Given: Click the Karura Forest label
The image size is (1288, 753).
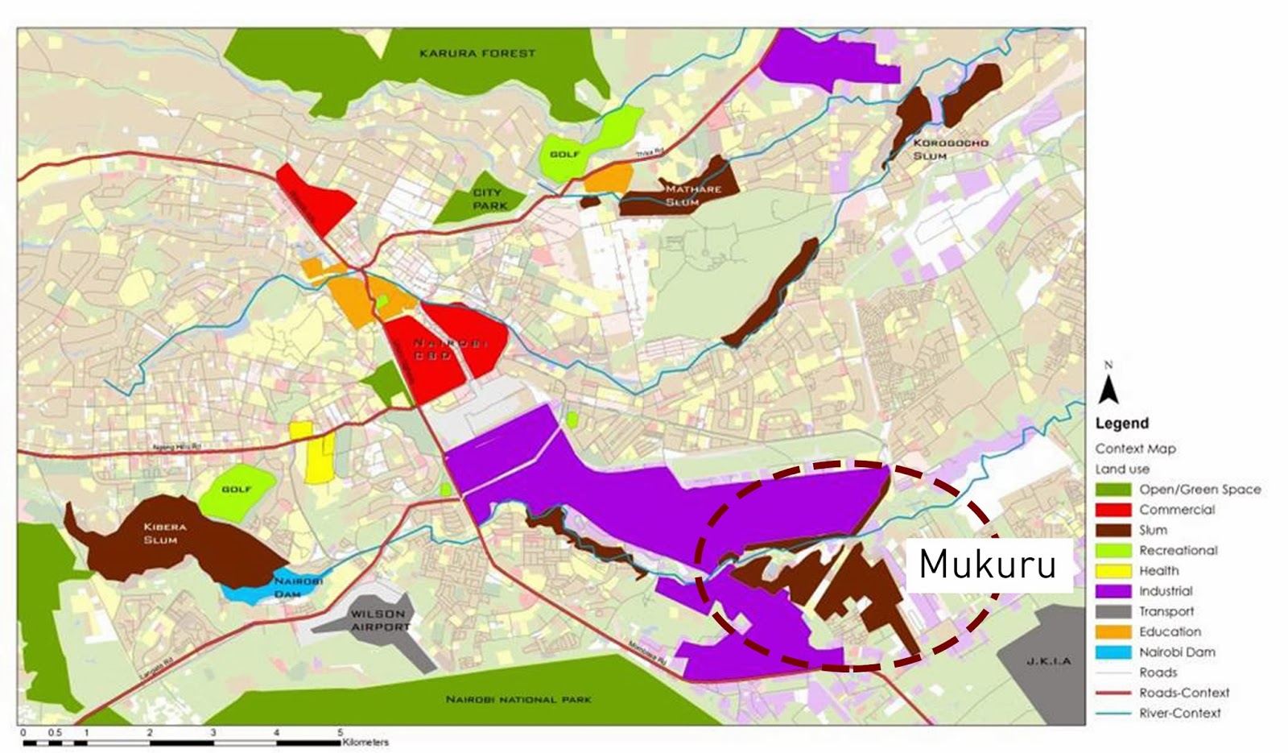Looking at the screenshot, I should pyautogui.click(x=477, y=53).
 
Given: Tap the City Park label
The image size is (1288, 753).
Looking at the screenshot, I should pyautogui.click(x=487, y=199).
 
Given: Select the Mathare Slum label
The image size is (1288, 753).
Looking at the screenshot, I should pyautogui.click(x=692, y=196).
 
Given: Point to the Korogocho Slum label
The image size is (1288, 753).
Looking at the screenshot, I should pyautogui.click(x=950, y=149).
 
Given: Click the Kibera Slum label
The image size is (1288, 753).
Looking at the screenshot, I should pyautogui.click(x=165, y=533).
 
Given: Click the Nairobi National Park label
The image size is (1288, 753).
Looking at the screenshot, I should pyautogui.click(x=518, y=699).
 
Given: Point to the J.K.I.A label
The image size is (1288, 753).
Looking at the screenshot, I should pyautogui.click(x=1049, y=661).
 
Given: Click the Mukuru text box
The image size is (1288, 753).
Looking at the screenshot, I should pyautogui.click(x=989, y=565).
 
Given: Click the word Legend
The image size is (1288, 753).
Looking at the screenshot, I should pyautogui.click(x=1121, y=424).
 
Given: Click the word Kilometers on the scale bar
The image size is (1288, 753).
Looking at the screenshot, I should pyautogui.click(x=365, y=743).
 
